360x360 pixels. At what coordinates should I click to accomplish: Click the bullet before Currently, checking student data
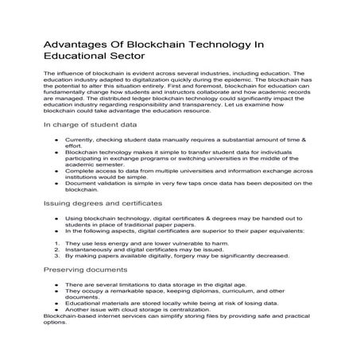click(x=56, y=138)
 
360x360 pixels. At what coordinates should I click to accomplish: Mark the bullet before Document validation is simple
click(x=56, y=183)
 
